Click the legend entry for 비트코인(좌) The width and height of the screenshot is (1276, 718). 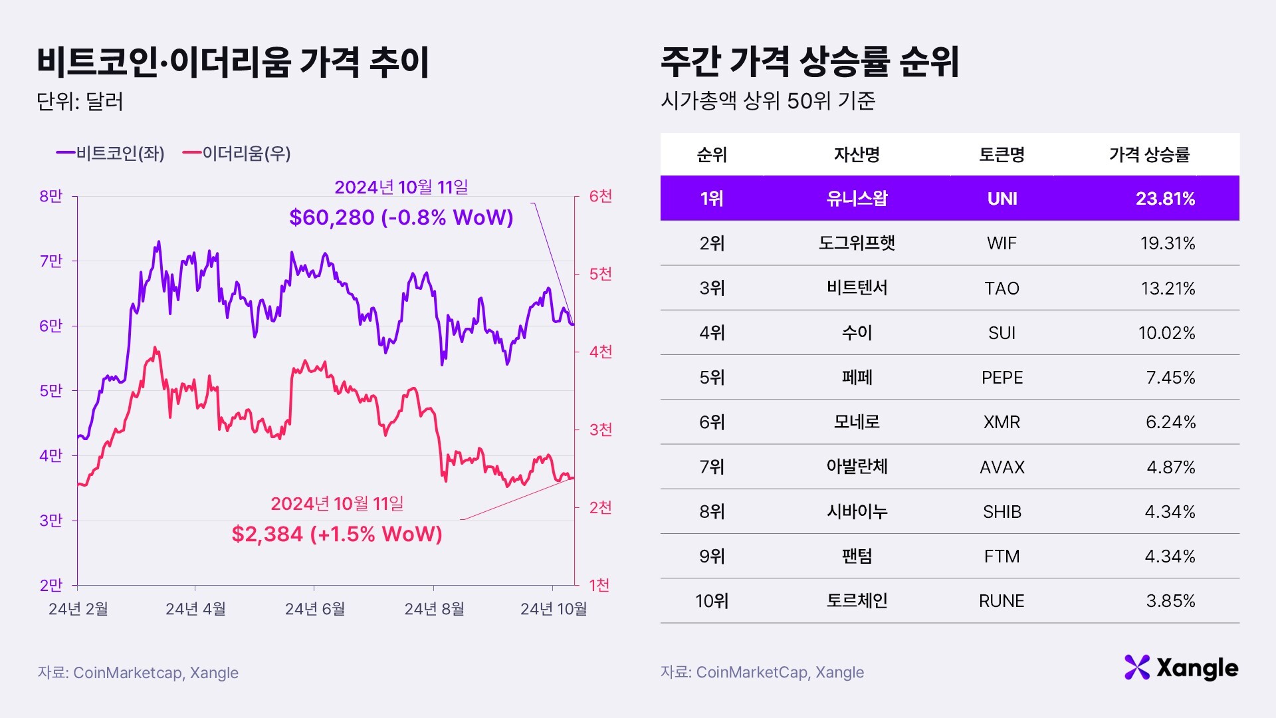pyautogui.click(x=110, y=154)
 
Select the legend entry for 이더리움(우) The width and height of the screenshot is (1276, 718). pyautogui.click(x=237, y=154)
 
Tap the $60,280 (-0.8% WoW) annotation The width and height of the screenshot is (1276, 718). pyautogui.click(x=401, y=217)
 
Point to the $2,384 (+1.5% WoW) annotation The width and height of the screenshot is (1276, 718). pyautogui.click(x=337, y=534)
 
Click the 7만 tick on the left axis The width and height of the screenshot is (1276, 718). pyautogui.click(x=51, y=261)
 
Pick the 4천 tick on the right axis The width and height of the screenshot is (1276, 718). pyautogui.click(x=600, y=352)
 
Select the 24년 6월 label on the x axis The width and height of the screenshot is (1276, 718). pyautogui.click(x=315, y=609)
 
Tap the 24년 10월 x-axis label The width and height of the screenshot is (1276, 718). pyautogui.click(x=554, y=609)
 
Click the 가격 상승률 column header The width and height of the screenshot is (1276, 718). pyautogui.click(x=1149, y=155)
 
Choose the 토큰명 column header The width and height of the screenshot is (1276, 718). pyautogui.click(x=1002, y=155)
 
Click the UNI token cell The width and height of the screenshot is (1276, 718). pyautogui.click(x=1002, y=199)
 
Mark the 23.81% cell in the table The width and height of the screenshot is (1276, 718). pyautogui.click(x=1165, y=199)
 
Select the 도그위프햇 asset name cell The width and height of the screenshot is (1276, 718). pyautogui.click(x=857, y=243)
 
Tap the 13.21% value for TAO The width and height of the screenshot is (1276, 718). pyautogui.click(x=1168, y=289)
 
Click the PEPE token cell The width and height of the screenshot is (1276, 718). pyautogui.click(x=1002, y=378)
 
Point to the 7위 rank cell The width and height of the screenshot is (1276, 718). pyautogui.click(x=712, y=467)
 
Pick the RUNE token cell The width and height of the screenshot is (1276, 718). pyautogui.click(x=1002, y=601)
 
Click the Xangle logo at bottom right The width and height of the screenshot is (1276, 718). pyautogui.click(x=1181, y=668)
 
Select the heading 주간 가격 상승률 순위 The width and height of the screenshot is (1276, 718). pyautogui.click(x=809, y=62)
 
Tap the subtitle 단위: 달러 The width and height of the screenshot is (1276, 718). pyautogui.click(x=80, y=102)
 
